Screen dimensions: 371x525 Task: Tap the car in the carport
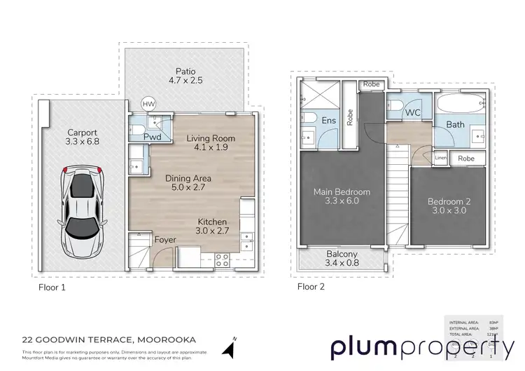click(83, 210)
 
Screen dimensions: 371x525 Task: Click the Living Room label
click(210, 144)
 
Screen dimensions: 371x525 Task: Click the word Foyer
click(165, 240)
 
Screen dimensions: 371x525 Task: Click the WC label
click(412, 112)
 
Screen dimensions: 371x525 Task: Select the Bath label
click(455, 125)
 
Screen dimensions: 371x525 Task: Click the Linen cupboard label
click(440, 158)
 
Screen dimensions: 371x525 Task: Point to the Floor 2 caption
click(311, 286)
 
